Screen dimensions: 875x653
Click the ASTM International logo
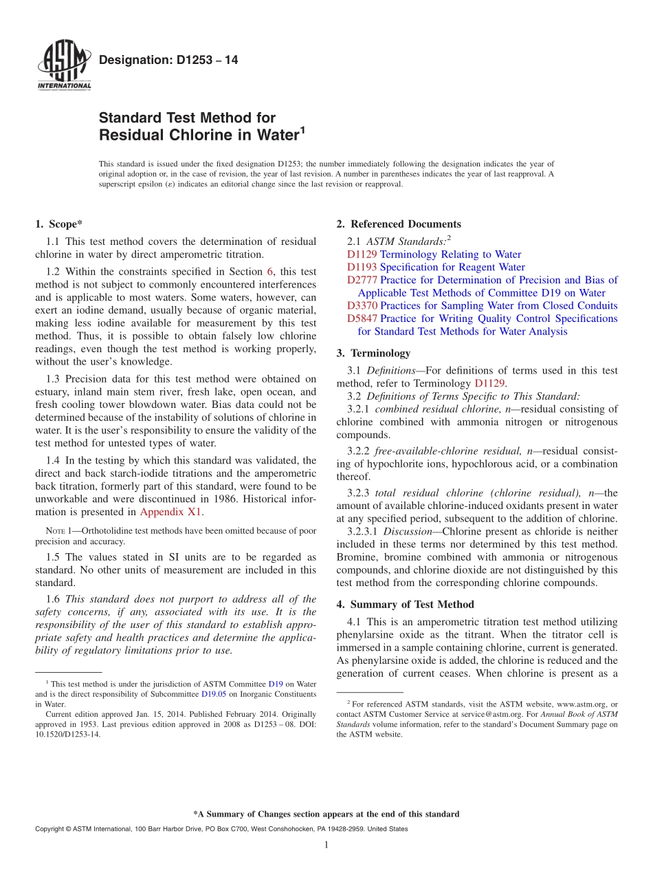pyautogui.click(x=63, y=65)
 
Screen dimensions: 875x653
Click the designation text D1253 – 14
pyautogui.click(x=168, y=61)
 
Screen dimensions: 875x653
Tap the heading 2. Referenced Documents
pyautogui.click(x=399, y=224)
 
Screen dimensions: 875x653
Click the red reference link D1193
pyautogui.click(x=362, y=267)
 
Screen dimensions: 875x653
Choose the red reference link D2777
pyautogui.click(x=362, y=280)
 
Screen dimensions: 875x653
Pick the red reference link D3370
pyautogui.click(x=362, y=305)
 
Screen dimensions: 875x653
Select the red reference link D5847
pyautogui.click(x=362, y=318)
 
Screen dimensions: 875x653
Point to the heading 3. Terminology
pyautogui.click(x=373, y=354)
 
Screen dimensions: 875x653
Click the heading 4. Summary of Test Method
pyautogui.click(x=405, y=605)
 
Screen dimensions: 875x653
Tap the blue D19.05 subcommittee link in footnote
pyautogui.click(x=213, y=694)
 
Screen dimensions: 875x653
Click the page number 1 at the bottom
pyautogui.click(x=326, y=845)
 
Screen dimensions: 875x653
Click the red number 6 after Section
pyautogui.click(x=269, y=272)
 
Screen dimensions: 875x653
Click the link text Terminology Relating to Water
pyautogui.click(x=450, y=255)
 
